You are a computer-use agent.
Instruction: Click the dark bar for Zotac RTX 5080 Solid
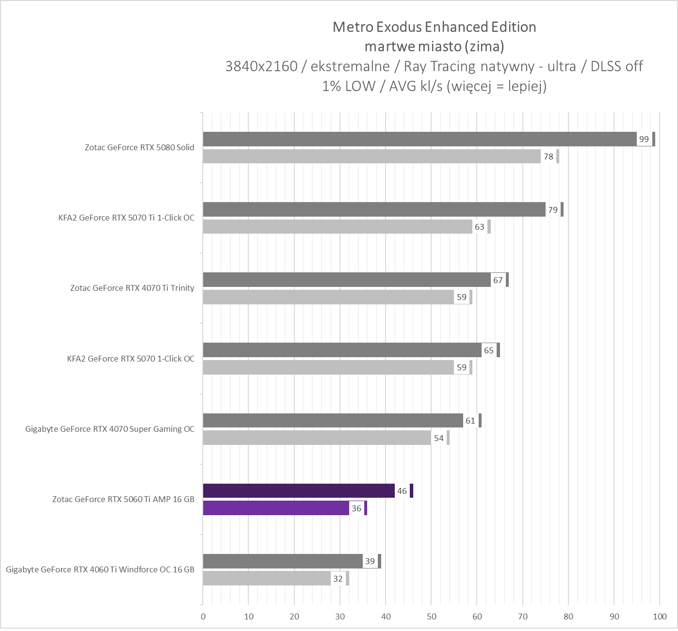point(420,139)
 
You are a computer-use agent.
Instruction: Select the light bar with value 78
point(371,157)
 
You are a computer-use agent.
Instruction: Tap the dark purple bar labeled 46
point(299,491)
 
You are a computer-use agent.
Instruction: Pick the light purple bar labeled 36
point(276,508)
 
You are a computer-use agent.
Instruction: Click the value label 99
point(644,139)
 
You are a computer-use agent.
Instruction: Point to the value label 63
point(480,227)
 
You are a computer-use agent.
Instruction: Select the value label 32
point(338,579)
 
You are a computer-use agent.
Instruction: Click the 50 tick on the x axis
point(431,617)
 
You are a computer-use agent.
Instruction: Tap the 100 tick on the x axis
point(660,617)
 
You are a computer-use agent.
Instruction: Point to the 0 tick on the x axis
point(203,617)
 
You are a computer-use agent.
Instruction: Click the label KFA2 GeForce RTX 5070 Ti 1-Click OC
point(126,218)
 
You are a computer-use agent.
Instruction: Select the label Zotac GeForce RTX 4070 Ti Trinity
point(132,288)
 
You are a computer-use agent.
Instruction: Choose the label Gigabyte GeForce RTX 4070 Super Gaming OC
point(110,429)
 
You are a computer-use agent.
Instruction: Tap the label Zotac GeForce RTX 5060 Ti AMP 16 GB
point(123,499)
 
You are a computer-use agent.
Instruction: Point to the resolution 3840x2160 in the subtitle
point(261,66)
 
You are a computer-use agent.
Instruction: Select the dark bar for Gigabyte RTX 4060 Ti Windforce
point(283,561)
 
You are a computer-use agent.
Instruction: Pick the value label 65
point(489,350)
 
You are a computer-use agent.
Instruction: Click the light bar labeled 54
point(317,438)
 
